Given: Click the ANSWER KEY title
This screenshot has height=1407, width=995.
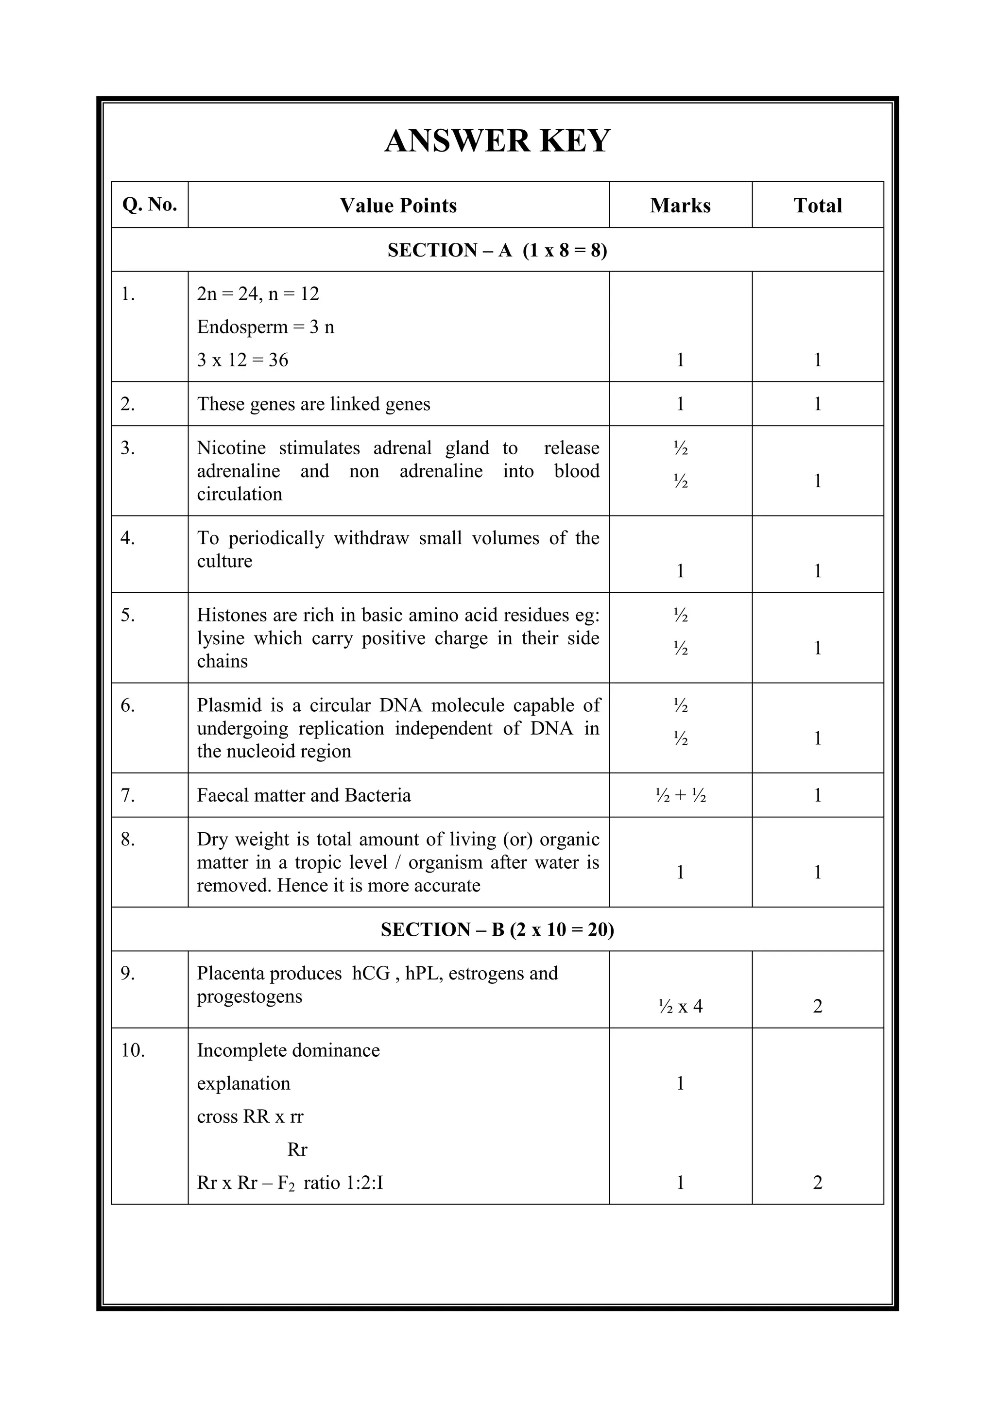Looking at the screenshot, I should (x=497, y=141).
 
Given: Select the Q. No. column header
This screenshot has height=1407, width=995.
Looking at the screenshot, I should (x=150, y=204).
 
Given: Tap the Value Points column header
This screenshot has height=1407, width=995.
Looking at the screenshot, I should (x=398, y=206).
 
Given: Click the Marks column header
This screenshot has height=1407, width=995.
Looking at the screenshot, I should (x=680, y=206).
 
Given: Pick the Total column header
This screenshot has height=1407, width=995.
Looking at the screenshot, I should (x=817, y=206).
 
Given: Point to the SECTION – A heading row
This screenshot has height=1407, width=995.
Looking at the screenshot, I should (x=497, y=250).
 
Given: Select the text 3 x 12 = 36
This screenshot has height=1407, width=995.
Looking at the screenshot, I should (x=242, y=360).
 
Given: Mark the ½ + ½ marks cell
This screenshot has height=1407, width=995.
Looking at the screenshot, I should (x=680, y=795).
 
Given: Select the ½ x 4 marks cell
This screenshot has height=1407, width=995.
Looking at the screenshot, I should (x=680, y=1006).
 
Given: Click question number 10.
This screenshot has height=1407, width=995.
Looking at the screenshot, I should (x=132, y=1050).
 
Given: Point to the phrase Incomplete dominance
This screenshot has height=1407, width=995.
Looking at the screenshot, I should (x=288, y=1050).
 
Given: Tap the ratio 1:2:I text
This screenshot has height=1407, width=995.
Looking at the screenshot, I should (x=360, y=1183).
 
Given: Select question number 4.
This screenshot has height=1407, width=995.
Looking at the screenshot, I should (x=127, y=538).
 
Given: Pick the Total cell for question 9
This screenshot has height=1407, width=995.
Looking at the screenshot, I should (x=817, y=1006).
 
